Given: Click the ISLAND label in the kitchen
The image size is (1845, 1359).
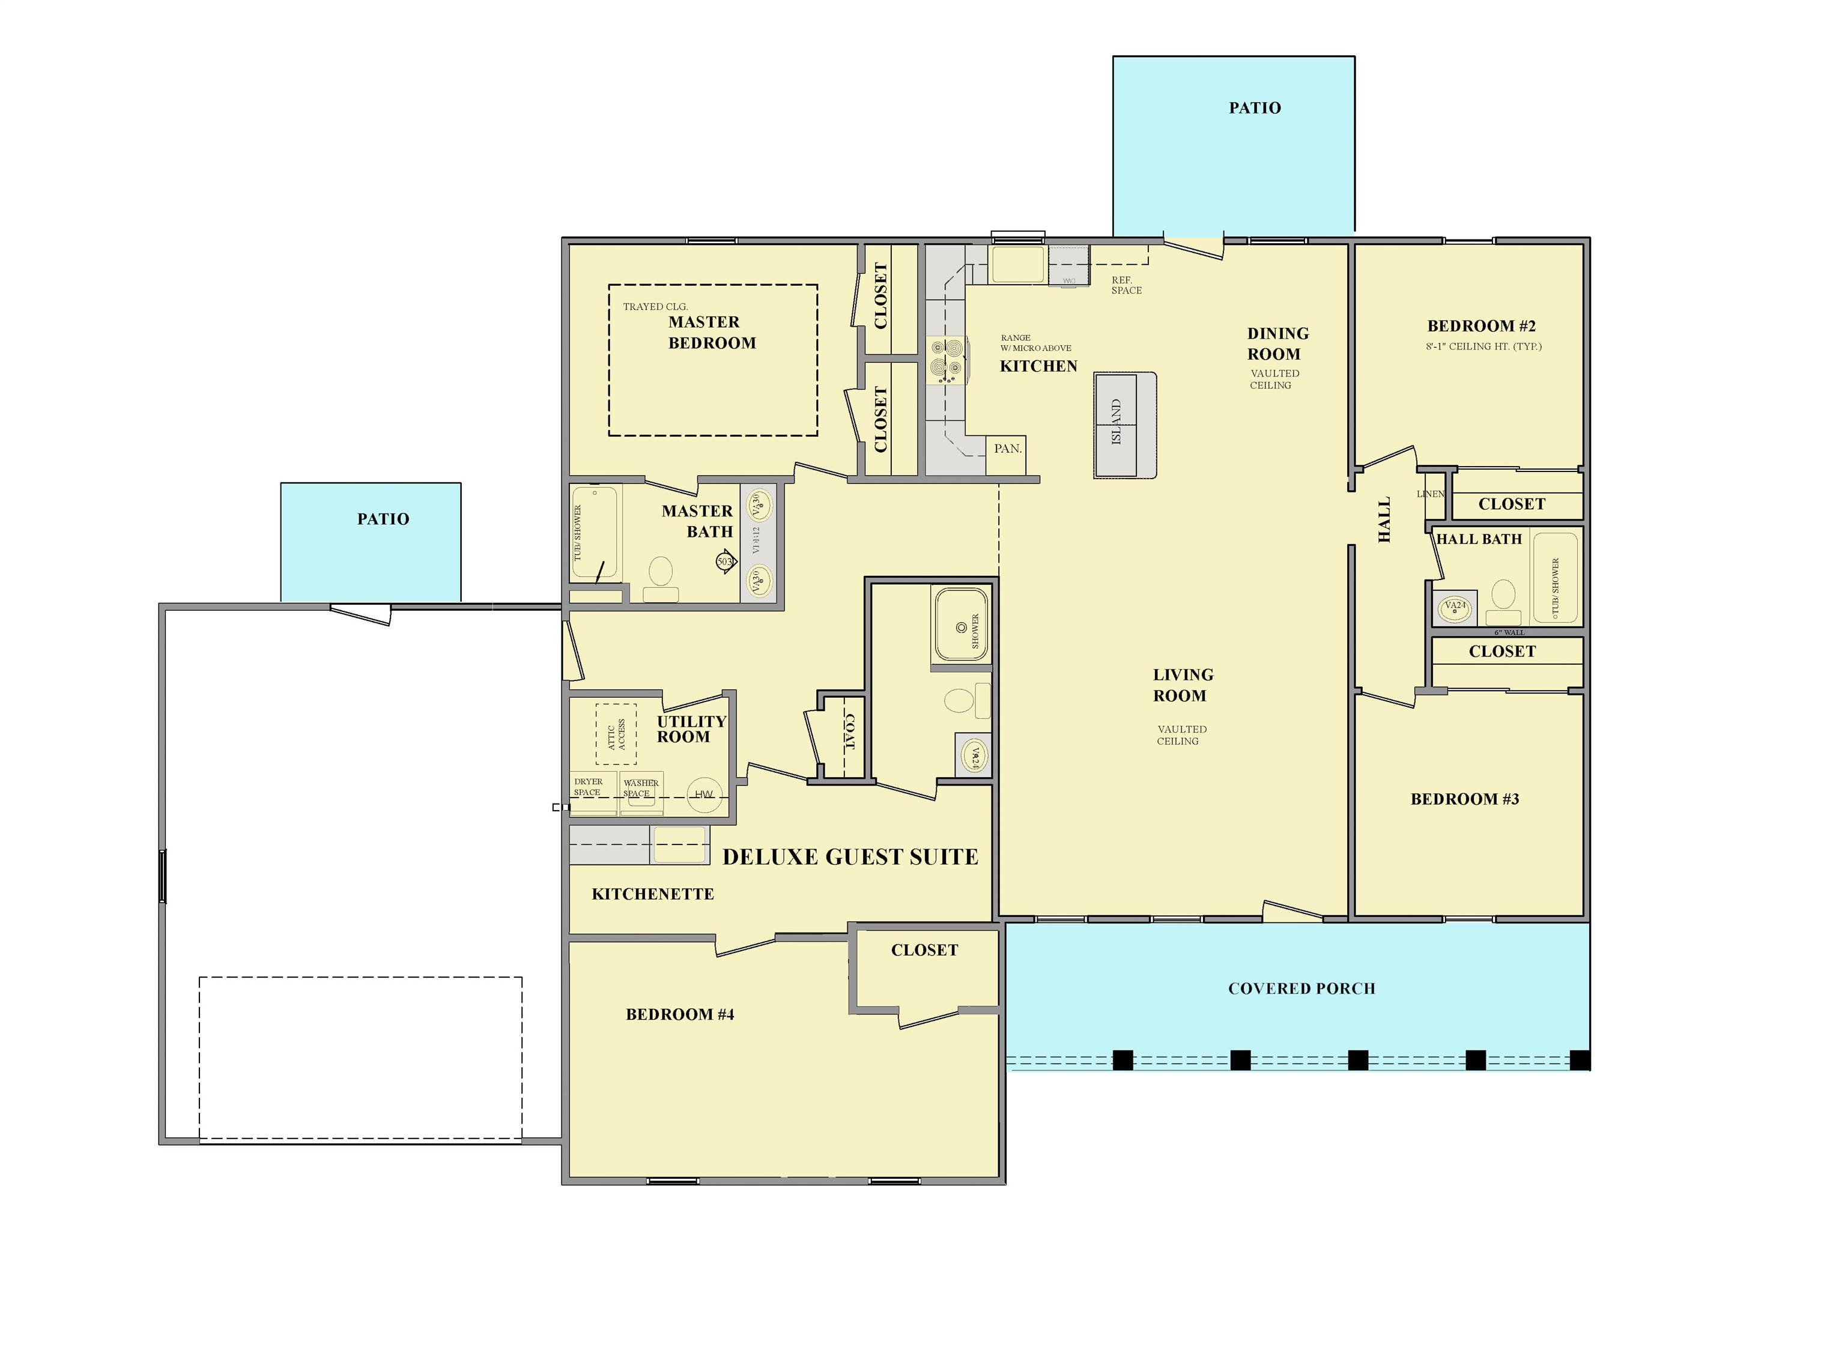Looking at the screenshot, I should (1116, 422).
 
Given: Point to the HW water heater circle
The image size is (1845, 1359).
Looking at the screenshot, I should (703, 794).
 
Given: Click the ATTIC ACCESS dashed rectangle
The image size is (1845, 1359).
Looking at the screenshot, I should (616, 734).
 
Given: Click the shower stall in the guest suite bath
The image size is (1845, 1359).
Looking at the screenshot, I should (959, 625).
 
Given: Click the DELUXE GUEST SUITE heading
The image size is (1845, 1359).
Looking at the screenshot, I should (850, 857).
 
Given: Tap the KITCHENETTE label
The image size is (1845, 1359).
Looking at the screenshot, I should (652, 894).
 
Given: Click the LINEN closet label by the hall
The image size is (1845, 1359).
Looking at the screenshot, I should (1429, 494).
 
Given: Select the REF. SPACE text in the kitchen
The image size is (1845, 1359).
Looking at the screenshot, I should (1126, 285).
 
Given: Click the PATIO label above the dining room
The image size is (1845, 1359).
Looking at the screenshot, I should (1255, 107).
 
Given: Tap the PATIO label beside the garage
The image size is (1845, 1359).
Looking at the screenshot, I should (383, 519).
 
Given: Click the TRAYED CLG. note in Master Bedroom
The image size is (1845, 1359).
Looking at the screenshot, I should (655, 307).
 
